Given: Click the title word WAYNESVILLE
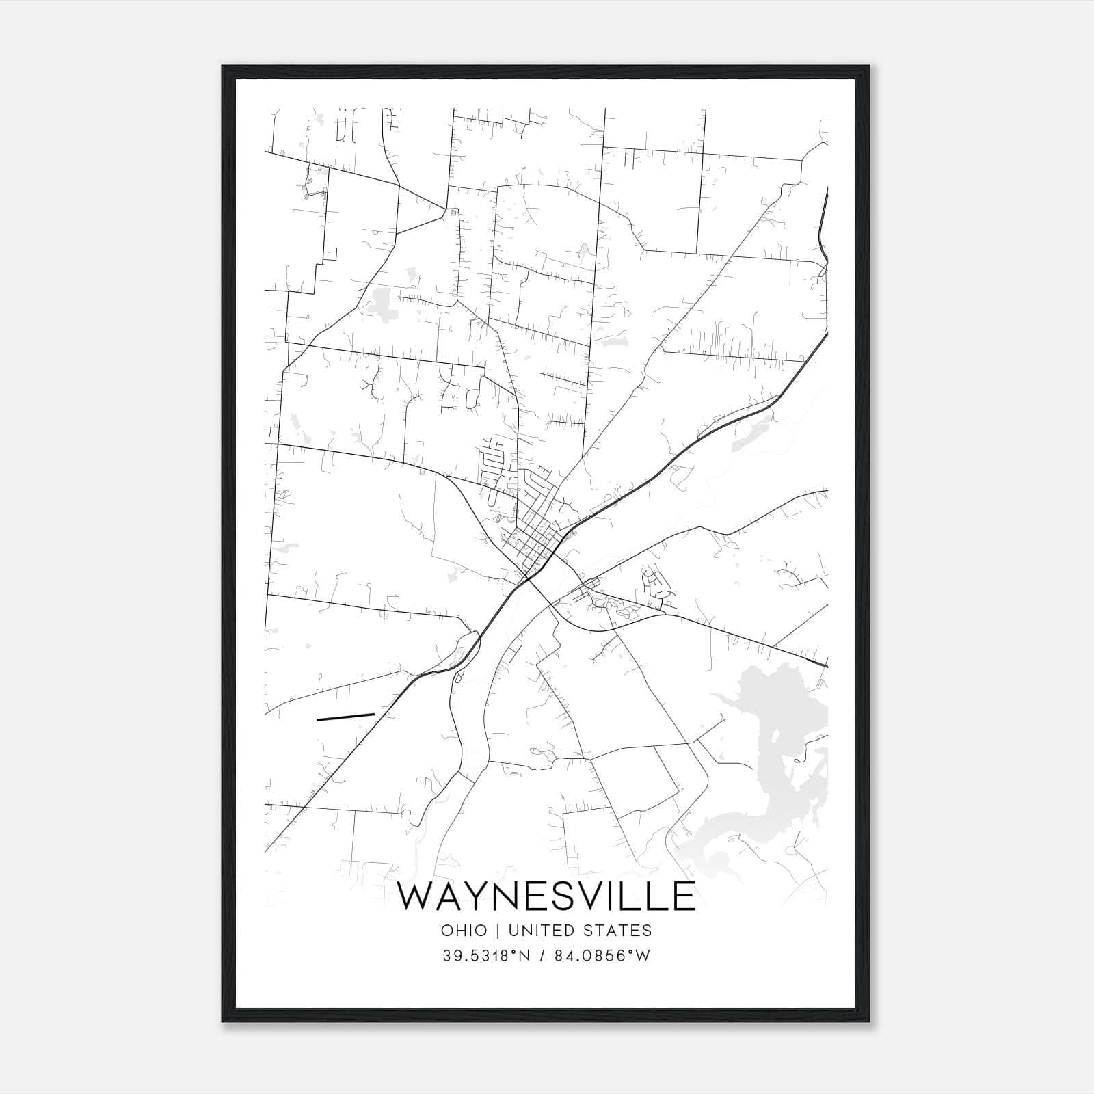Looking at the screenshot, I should point(546,896).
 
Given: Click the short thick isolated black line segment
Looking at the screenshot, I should point(346,717).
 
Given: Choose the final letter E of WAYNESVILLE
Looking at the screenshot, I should point(682,896).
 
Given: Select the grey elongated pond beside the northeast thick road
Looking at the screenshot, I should point(752,435).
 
